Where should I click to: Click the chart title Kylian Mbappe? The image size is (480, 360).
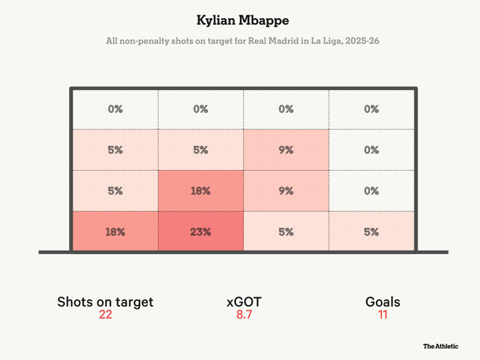[x=239, y=20]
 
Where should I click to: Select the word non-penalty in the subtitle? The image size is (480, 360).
[x=145, y=41]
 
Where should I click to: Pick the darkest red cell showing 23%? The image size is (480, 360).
[x=201, y=232]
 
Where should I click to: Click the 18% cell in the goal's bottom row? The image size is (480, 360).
[x=115, y=232]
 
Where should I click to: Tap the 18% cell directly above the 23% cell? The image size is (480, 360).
[x=201, y=191]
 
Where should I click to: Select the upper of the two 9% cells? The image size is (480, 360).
[x=286, y=150]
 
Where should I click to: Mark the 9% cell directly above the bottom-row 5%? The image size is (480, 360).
[x=286, y=191]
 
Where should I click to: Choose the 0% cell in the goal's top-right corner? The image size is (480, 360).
[x=371, y=109]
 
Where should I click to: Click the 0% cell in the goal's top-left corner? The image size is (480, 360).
[x=115, y=109]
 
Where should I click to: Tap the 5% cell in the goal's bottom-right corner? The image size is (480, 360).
[x=371, y=232]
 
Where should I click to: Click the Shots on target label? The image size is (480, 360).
[x=105, y=302]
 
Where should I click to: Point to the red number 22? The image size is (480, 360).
[x=105, y=315]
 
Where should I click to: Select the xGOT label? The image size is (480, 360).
[x=244, y=302]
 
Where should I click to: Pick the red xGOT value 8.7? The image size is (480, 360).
[x=244, y=315]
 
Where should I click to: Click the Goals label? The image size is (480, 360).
[x=383, y=302]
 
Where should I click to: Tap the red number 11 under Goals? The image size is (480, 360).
[x=383, y=315]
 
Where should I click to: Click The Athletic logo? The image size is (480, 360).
[x=441, y=347]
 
